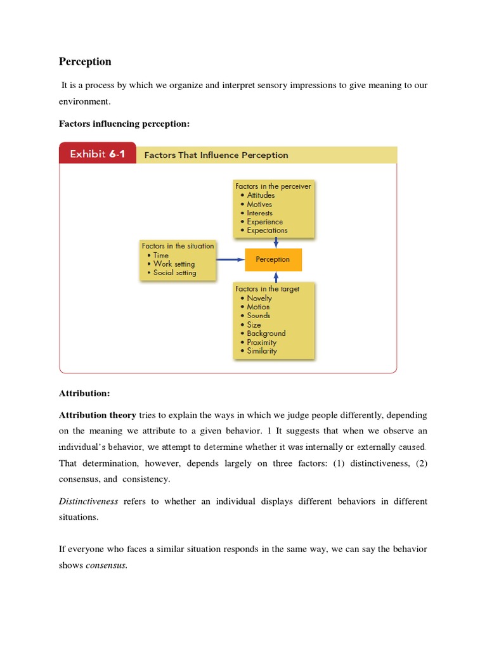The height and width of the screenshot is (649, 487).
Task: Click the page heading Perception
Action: pos(85,61)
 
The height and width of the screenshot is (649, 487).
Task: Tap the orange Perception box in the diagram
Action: pos(273,259)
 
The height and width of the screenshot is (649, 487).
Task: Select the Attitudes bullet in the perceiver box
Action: pos(261,195)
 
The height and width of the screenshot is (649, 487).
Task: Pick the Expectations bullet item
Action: pos(267,231)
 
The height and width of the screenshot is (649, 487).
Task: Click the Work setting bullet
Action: pos(174,264)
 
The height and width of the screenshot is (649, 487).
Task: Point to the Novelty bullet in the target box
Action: pos(259,298)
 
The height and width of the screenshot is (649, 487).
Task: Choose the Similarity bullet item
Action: pos(262,351)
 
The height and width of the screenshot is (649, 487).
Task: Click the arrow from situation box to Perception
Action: pos(230,259)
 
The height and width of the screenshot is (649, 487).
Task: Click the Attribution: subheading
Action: pos(84,394)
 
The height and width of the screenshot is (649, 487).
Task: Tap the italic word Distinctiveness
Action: pos(88,501)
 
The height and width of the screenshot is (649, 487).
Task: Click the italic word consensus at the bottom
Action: pos(106,565)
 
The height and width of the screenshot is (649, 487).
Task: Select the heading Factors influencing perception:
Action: pos(124,124)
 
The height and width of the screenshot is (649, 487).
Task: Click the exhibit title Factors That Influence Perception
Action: pos(216,155)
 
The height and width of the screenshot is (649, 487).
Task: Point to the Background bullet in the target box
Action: pos(266,333)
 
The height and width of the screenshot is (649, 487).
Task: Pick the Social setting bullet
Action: pos(174,273)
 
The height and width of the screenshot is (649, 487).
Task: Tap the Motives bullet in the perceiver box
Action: pos(259,204)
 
